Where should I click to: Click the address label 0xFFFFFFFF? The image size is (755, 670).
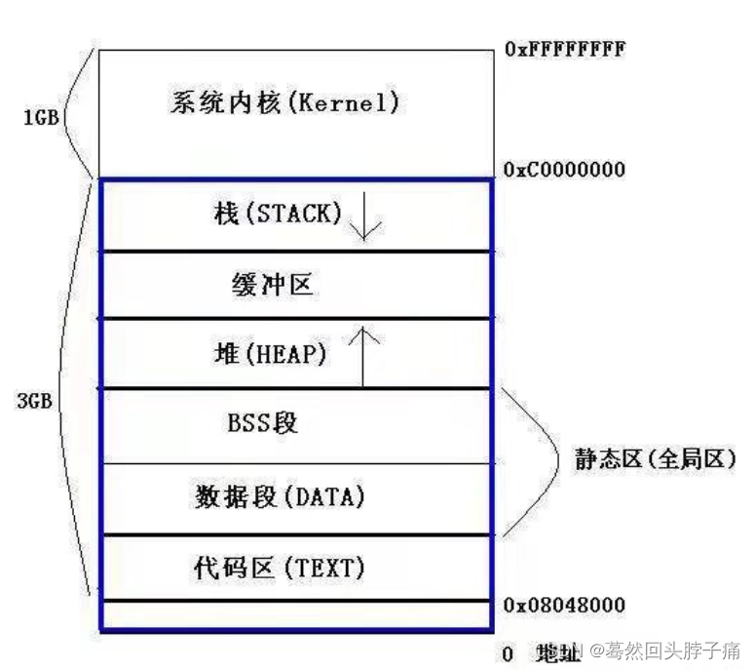point(565,48)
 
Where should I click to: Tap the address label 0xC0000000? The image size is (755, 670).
point(565,170)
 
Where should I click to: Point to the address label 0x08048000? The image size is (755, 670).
point(565,606)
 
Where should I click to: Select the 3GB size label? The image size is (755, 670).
point(34,400)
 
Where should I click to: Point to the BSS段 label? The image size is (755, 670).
point(262,423)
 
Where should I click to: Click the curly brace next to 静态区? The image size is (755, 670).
point(531,460)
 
